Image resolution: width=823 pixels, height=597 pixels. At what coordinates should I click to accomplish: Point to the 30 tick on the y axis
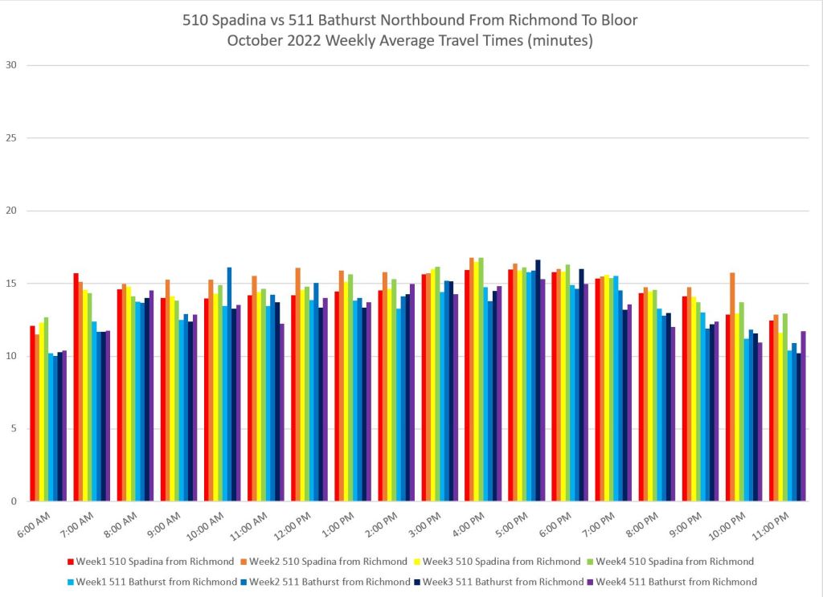point(10,65)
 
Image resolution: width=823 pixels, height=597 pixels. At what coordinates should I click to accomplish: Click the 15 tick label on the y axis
point(10,284)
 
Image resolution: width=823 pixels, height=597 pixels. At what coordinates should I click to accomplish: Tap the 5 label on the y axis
point(13,429)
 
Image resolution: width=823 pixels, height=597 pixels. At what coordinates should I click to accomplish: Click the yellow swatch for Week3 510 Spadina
point(416,561)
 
